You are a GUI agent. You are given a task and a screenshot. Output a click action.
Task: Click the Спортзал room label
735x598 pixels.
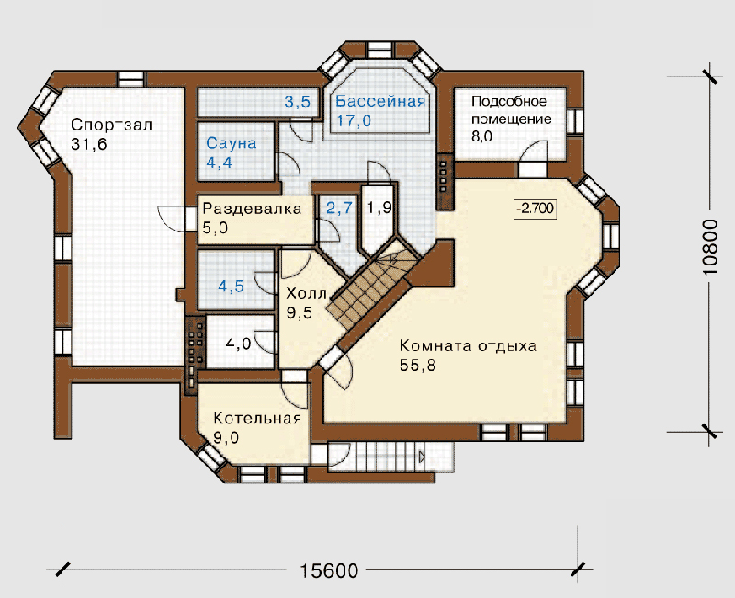[x=111, y=125]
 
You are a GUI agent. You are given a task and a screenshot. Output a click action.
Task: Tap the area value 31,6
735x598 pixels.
[x=89, y=144]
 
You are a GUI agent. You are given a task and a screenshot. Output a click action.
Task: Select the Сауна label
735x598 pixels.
[x=232, y=143]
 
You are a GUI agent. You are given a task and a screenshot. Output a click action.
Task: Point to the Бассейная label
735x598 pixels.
[x=380, y=101]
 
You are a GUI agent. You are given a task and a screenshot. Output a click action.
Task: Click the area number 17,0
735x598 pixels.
[x=354, y=120]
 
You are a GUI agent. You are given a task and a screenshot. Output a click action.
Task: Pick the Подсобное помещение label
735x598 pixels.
[x=512, y=110]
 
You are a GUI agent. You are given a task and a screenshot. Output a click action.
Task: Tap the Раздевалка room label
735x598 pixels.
[x=252, y=209]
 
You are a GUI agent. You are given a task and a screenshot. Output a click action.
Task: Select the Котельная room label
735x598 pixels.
[x=257, y=418]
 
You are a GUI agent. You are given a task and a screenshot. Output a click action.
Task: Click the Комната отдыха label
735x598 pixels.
[x=468, y=346]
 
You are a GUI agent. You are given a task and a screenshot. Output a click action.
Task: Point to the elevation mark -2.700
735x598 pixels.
[x=535, y=209]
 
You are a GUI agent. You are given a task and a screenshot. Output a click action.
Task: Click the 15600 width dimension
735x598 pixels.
[x=329, y=570]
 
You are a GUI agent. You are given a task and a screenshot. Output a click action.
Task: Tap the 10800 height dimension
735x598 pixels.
[x=710, y=247]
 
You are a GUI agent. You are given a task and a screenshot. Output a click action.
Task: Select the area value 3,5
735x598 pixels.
[x=298, y=101]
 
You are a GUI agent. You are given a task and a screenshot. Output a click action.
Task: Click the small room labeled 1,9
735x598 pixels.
[x=379, y=208]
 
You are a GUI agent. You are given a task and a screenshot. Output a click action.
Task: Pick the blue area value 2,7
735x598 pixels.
[x=339, y=208]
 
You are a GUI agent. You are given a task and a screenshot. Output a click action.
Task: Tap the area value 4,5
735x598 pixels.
[x=232, y=286]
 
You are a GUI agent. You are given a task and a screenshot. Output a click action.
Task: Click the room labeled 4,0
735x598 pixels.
[x=238, y=344]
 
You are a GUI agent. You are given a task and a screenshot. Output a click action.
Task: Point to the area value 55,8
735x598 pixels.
[x=418, y=365]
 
